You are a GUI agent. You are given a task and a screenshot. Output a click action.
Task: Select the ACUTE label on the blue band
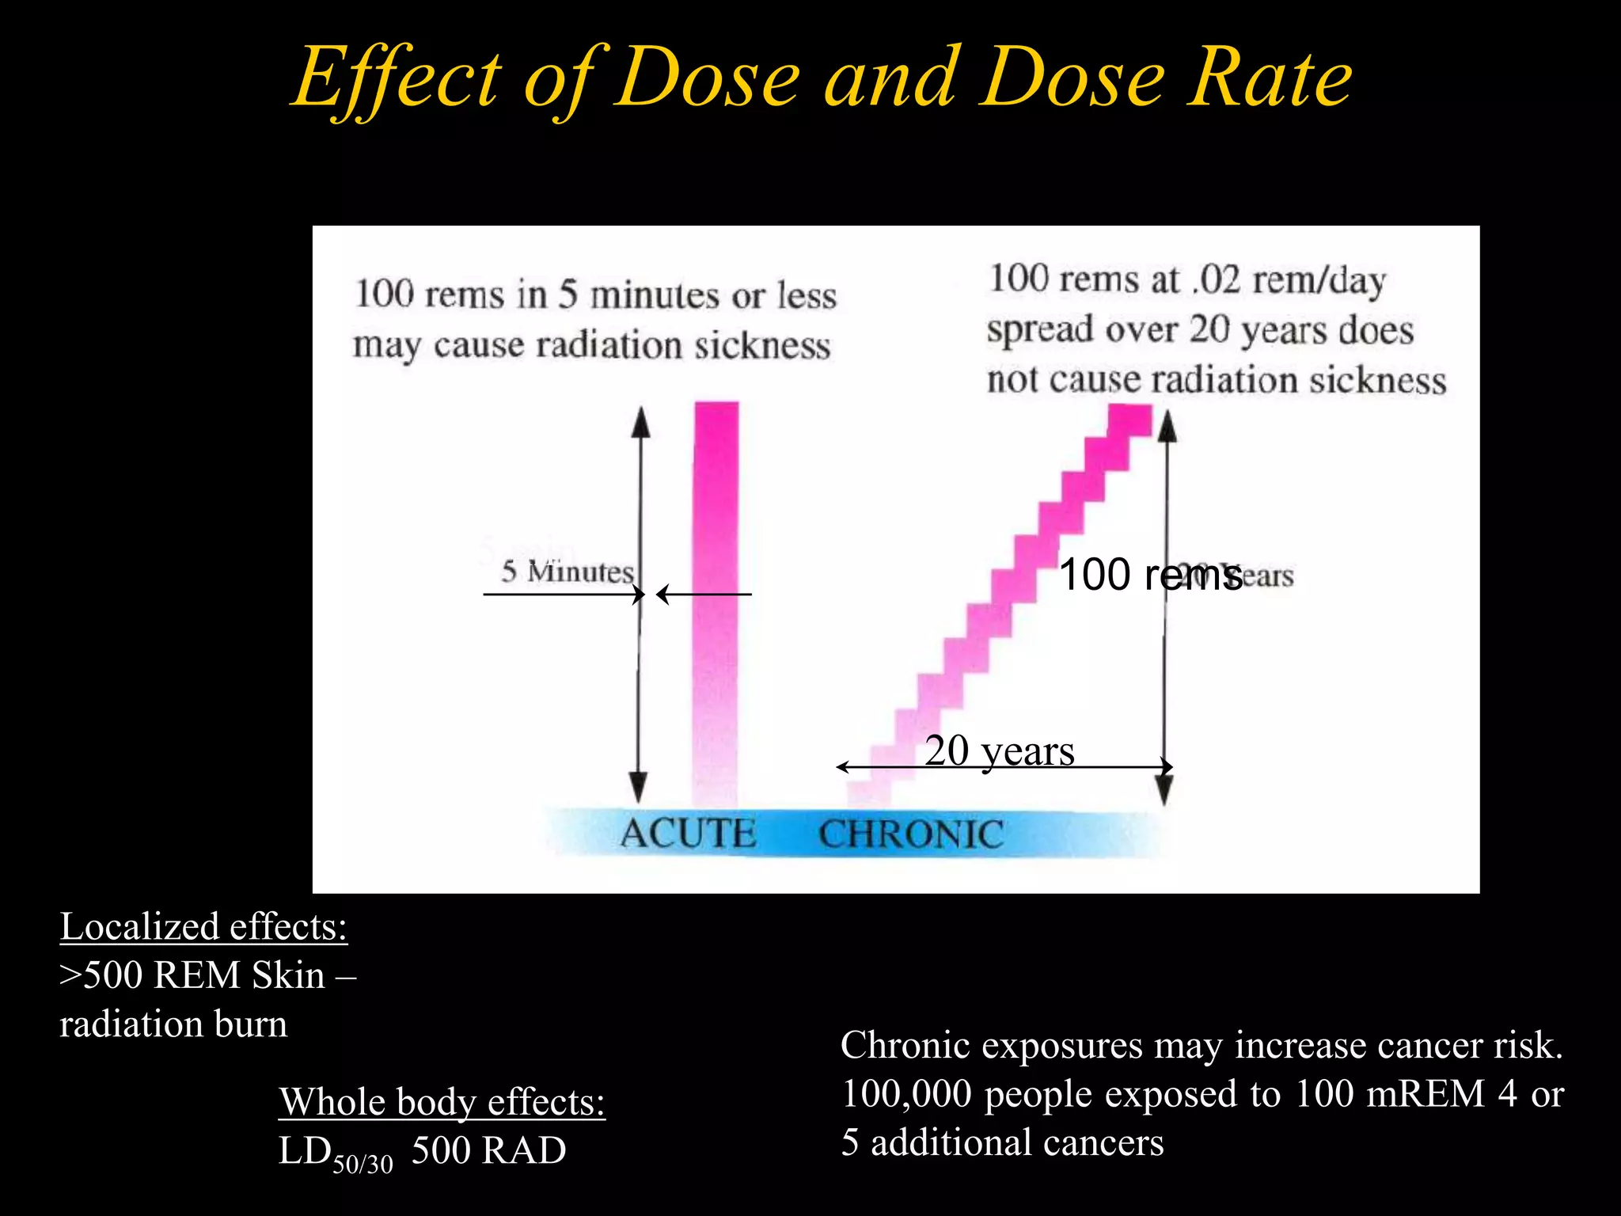[x=687, y=834]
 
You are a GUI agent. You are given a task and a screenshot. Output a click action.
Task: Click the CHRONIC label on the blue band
[x=911, y=834]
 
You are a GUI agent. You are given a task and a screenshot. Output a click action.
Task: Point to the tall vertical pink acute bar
[x=716, y=602]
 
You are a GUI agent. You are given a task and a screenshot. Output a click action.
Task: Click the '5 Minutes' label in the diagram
[x=567, y=571]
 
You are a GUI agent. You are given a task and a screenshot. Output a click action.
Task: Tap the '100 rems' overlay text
[x=1149, y=575]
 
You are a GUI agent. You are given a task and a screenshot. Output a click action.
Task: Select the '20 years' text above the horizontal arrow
[x=999, y=750]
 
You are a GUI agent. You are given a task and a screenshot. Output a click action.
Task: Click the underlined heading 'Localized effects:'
[x=203, y=926]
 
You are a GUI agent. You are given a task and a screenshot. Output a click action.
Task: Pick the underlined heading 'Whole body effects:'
[x=442, y=1101]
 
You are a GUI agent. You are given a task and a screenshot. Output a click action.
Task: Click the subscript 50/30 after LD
[x=363, y=1164]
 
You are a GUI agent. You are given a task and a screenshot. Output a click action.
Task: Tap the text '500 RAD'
[x=488, y=1150]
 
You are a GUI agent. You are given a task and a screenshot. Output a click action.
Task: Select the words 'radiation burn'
[x=173, y=1024]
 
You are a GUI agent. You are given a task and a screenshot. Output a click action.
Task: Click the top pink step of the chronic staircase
[x=1129, y=420]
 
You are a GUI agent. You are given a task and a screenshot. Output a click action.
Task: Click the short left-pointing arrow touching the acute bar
[x=703, y=594]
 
